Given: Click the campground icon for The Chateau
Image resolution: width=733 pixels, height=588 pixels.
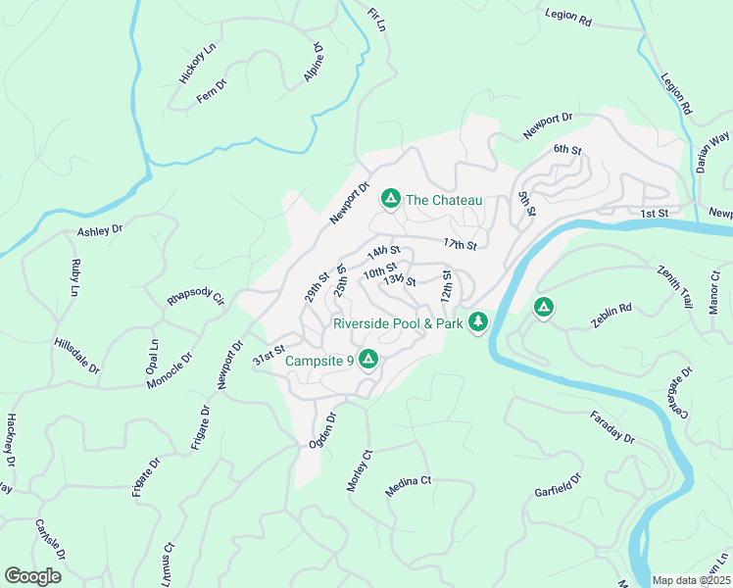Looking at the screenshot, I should pos(390,200).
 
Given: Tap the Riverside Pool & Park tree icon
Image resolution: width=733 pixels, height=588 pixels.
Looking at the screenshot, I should pos(478,321).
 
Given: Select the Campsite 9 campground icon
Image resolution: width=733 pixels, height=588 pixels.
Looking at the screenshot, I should pos(368,361).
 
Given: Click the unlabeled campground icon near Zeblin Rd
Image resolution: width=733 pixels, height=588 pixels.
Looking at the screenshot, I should pos(543,308).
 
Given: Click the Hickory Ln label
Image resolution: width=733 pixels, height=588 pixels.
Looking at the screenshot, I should pos(197,64).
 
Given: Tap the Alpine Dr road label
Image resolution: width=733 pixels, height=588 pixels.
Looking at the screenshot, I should pos(314,62).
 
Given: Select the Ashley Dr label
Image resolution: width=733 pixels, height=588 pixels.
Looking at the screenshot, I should pos(99,230).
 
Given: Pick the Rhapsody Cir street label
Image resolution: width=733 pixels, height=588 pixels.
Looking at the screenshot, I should pos(196,297).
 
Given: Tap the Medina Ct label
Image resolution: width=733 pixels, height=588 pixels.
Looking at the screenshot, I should pos(409,485).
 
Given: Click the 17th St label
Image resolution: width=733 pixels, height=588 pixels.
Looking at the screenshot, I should pos(459,243).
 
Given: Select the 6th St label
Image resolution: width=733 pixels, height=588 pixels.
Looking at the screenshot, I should pos(567,150).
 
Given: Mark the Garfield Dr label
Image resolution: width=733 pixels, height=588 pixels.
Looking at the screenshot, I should pos(558,484).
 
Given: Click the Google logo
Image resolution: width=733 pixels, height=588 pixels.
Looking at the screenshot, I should pos(32,576).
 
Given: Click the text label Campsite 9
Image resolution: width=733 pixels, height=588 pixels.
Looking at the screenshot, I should pos(318,362).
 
